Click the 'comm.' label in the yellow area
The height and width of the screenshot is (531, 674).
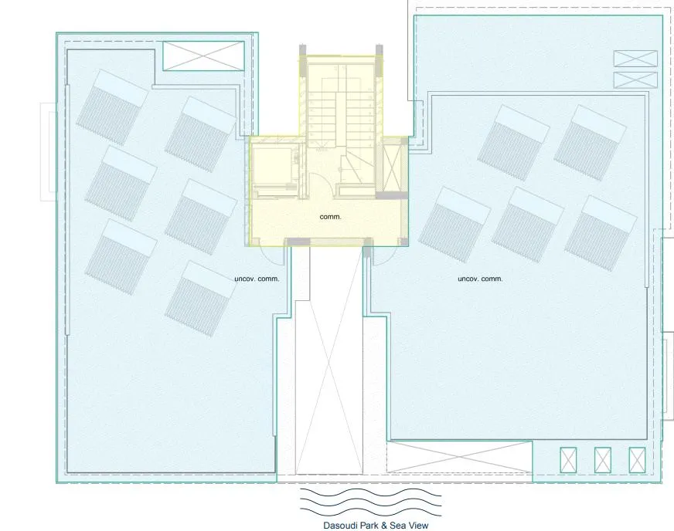click(330, 217)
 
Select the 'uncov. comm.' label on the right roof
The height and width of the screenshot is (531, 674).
click(480, 279)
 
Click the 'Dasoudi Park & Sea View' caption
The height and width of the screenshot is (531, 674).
click(376, 525)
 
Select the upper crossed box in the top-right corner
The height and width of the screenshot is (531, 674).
click(635, 58)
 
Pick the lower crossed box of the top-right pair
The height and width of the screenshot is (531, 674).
click(635, 79)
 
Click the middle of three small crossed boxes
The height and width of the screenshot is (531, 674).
click(603, 460)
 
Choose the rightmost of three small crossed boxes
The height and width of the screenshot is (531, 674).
click(637, 460)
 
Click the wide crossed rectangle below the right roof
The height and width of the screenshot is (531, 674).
click(459, 456)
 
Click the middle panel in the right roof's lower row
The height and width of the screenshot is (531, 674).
click(528, 223)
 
